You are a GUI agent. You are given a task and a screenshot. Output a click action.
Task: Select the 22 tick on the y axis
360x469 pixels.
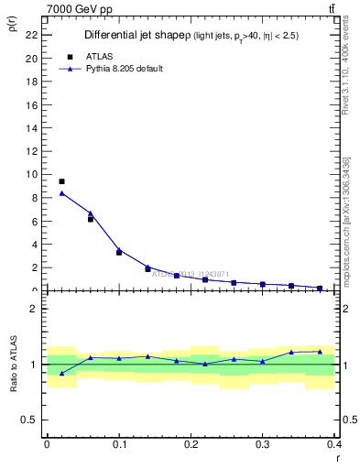point(35,35)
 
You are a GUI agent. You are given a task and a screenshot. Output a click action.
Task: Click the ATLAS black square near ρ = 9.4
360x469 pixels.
point(61,181)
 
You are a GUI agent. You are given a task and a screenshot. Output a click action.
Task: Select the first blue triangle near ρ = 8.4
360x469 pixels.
point(61,193)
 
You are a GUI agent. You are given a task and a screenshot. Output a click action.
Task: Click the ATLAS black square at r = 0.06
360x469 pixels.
point(91,219)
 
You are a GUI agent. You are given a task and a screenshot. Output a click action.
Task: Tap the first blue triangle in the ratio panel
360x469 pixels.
point(61,373)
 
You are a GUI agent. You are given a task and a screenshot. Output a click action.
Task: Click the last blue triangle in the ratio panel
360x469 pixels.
point(320,351)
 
